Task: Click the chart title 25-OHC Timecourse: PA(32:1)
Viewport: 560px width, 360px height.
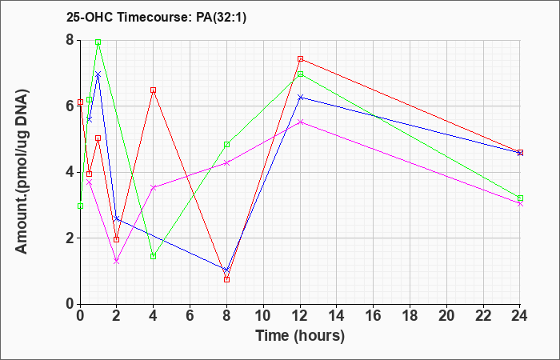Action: point(156,17)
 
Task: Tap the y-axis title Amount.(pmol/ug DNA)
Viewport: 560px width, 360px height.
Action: point(22,171)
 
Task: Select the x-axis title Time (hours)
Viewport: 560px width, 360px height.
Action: point(300,336)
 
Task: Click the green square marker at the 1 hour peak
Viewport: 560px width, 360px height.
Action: point(98,42)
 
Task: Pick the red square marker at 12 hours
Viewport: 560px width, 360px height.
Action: point(300,59)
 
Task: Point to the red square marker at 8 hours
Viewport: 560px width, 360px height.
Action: point(226,279)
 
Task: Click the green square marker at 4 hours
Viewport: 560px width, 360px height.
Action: point(154,256)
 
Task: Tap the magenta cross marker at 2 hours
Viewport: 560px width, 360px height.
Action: point(117,262)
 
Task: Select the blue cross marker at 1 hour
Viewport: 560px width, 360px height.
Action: point(98,74)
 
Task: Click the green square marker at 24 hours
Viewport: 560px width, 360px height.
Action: point(520,198)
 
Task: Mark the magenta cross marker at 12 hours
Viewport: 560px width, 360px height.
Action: point(300,122)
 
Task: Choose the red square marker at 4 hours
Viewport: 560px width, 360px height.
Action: point(154,90)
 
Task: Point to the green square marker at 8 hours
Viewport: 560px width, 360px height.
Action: point(226,145)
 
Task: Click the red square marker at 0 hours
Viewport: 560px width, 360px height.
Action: point(80,102)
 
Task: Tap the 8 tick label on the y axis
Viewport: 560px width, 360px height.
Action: point(70,40)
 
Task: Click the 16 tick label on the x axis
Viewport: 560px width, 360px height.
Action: point(374,316)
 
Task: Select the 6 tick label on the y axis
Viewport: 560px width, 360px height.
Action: point(70,106)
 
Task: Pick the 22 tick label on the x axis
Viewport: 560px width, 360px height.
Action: point(483,316)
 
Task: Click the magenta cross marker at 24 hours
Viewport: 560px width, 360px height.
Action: point(520,204)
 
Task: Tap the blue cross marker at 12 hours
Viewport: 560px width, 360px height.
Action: point(300,97)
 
